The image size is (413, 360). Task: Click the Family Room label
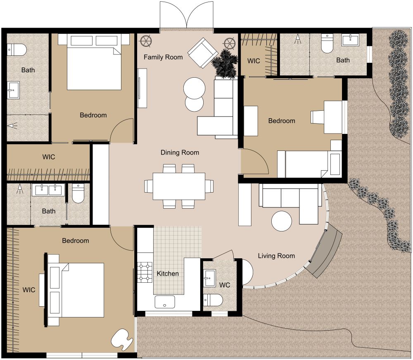(x=163, y=57)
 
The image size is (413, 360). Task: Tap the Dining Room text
(x=180, y=153)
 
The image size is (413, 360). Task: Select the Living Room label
(x=276, y=256)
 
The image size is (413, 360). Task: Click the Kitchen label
(x=168, y=274)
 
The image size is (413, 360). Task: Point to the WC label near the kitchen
(x=225, y=285)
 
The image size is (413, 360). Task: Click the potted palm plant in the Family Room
(x=225, y=64)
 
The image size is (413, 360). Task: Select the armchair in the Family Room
(x=203, y=52)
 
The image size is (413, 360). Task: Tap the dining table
(x=179, y=186)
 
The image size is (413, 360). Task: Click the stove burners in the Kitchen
(x=145, y=272)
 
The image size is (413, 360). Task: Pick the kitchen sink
(x=165, y=302)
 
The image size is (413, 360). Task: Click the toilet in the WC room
(x=213, y=299)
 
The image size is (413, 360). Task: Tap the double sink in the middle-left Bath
(x=49, y=190)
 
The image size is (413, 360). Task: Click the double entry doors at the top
(x=187, y=17)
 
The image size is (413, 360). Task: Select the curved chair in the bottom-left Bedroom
(x=122, y=338)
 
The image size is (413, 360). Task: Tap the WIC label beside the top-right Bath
(x=254, y=61)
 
